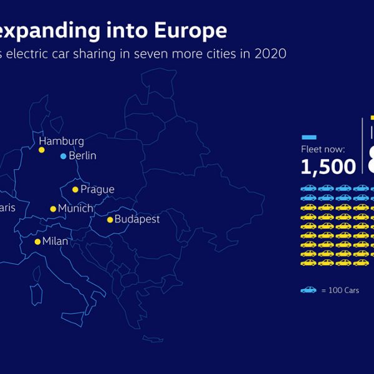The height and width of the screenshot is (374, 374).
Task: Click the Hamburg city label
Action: click(61, 141)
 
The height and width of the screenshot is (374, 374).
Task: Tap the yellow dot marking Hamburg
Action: click(42, 150)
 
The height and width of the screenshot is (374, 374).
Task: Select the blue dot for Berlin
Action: click(63, 156)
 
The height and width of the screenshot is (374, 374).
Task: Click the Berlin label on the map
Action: click(82, 156)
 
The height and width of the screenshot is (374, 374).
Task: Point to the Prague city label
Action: click(97, 189)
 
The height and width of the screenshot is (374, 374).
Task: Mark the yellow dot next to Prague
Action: click(75, 189)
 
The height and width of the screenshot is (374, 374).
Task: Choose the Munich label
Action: click(75, 208)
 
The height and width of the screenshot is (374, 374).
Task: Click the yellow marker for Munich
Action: click(53, 209)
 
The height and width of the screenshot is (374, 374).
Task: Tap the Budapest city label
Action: click(137, 219)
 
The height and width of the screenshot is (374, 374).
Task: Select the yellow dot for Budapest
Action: click(110, 219)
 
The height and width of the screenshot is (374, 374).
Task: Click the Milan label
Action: click(55, 241)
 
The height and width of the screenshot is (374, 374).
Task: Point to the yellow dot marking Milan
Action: click(37, 241)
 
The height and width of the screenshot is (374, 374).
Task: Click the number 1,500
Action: click(328, 166)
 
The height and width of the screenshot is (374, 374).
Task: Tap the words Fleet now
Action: click(323, 150)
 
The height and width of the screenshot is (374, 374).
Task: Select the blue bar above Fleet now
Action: click(309, 137)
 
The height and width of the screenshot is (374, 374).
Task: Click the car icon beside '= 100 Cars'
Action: click(308, 290)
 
